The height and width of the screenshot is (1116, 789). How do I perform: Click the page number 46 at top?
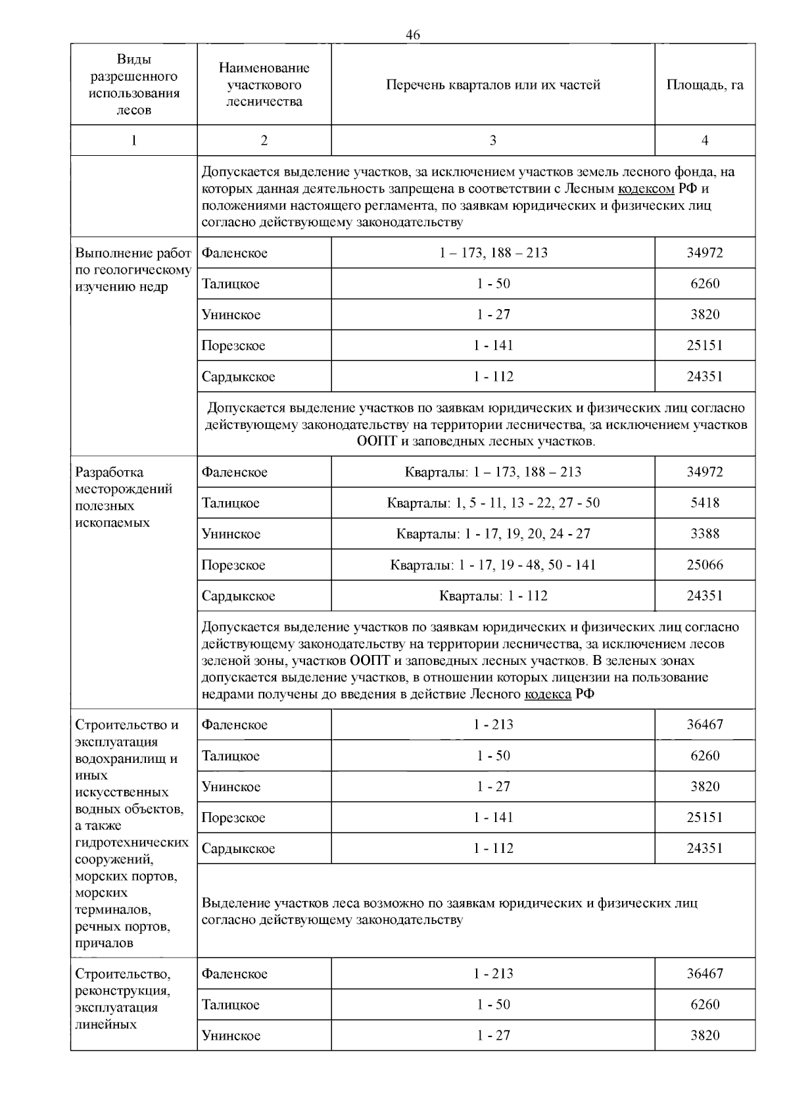coord(413,35)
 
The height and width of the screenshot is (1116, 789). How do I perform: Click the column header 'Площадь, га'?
coord(705,85)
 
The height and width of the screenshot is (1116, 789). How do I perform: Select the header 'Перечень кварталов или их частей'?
coord(492,85)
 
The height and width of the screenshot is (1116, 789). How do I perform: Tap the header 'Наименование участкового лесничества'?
coord(264,85)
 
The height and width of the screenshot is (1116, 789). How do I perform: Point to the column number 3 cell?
coord(492,140)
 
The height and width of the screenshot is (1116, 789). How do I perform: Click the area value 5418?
coord(705,503)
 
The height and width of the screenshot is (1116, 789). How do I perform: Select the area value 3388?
coord(705,534)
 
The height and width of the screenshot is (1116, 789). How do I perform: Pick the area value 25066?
coord(705,565)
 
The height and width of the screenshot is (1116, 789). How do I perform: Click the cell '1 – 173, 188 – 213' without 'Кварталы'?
coord(493,253)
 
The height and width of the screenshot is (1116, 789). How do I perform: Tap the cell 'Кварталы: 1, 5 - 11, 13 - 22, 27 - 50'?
coord(493,503)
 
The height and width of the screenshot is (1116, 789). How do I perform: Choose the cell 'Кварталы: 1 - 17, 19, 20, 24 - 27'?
coord(493,534)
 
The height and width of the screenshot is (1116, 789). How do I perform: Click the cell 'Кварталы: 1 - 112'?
coord(493,596)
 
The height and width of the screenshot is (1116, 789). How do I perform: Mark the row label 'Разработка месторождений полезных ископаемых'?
coord(124,497)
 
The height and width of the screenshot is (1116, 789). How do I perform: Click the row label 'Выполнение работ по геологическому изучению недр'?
coord(133,270)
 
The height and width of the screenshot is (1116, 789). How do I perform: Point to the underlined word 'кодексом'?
coord(647,189)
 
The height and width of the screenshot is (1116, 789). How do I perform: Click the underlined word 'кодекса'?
coord(548,694)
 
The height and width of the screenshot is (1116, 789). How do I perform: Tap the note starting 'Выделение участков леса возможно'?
coord(449,911)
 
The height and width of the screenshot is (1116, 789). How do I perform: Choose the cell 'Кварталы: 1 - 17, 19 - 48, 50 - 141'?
coord(493,565)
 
